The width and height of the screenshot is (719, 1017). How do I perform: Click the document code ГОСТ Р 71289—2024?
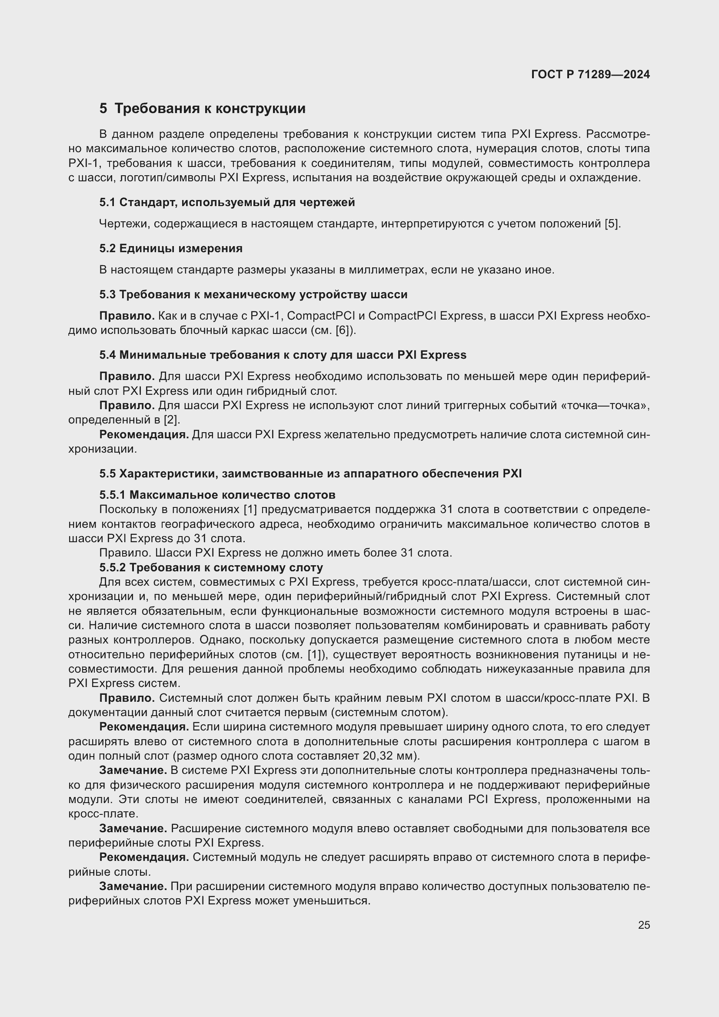tap(590, 74)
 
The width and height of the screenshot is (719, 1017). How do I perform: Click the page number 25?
tap(644, 925)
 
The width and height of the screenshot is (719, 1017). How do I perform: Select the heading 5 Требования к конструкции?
tap(202, 109)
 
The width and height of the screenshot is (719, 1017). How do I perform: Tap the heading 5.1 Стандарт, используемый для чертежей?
tap(227, 203)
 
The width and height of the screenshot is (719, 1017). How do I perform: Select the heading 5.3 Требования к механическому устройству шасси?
tap(253, 294)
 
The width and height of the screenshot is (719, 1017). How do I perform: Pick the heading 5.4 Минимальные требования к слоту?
tap(283, 355)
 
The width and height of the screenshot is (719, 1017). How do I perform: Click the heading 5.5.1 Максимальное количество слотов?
tap(217, 495)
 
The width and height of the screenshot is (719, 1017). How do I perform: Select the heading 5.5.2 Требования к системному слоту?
tap(211, 567)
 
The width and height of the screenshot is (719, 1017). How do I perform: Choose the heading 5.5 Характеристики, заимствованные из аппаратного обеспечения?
tap(310, 473)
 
